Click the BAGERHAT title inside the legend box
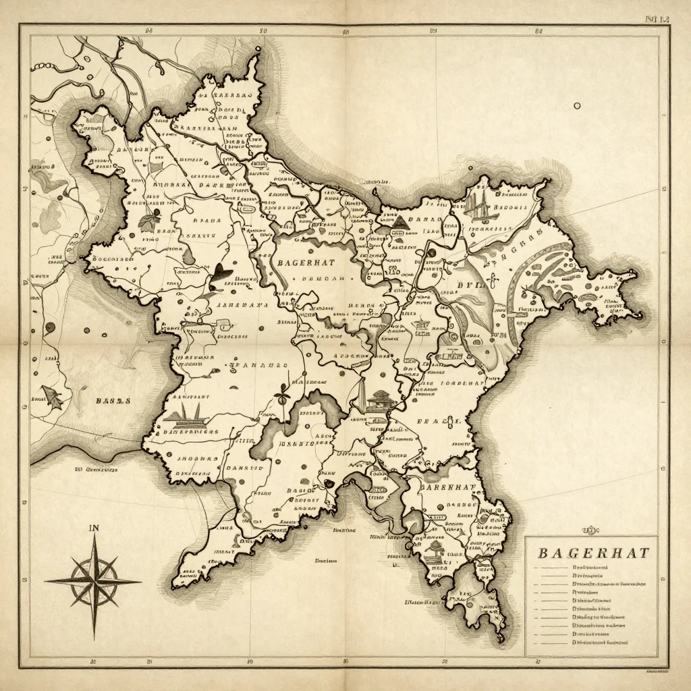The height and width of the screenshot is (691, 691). (x=593, y=553)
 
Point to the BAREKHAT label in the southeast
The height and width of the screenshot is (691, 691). (x=447, y=487)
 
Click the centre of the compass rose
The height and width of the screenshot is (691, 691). (x=94, y=580)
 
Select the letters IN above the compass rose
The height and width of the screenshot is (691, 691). (x=94, y=529)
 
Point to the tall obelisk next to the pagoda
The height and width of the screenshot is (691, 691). (x=361, y=394)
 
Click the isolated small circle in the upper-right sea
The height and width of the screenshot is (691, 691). (x=577, y=105)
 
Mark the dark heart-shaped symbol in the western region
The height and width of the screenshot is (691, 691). (x=221, y=273)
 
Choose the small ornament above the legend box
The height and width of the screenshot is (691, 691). (x=589, y=530)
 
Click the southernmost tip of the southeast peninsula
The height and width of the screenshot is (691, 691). (x=500, y=638)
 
